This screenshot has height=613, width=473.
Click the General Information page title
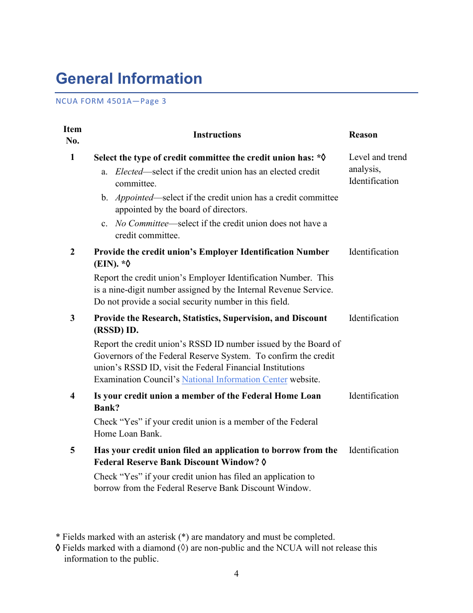point(129,79)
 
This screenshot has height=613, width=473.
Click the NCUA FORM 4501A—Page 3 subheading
point(111,101)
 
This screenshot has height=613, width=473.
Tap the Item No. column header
point(72,135)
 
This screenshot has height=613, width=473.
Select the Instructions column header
point(217,135)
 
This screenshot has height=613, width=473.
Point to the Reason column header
point(363,135)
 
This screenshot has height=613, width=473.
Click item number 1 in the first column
point(72,157)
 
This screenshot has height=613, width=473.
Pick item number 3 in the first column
point(72,318)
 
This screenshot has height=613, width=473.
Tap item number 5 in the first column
point(72,450)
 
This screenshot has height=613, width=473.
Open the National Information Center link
point(235,379)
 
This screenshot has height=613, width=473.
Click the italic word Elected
point(129,171)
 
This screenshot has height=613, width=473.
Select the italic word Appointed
point(134,197)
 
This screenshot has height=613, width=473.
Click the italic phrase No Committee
point(142,223)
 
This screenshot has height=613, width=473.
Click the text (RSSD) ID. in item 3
point(116,330)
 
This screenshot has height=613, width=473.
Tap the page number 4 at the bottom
point(236,574)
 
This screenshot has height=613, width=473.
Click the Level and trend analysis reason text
point(377,163)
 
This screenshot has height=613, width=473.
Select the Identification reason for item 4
point(373,396)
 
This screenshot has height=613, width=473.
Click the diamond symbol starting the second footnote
point(58,548)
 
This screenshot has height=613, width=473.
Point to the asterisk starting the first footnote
point(58,537)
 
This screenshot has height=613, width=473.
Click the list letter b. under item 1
point(105,197)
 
